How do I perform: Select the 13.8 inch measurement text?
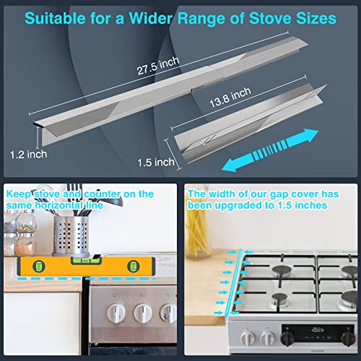pos(222,92)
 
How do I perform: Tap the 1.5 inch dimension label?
pos(155,162)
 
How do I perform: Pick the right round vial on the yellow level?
pos(134,268)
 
